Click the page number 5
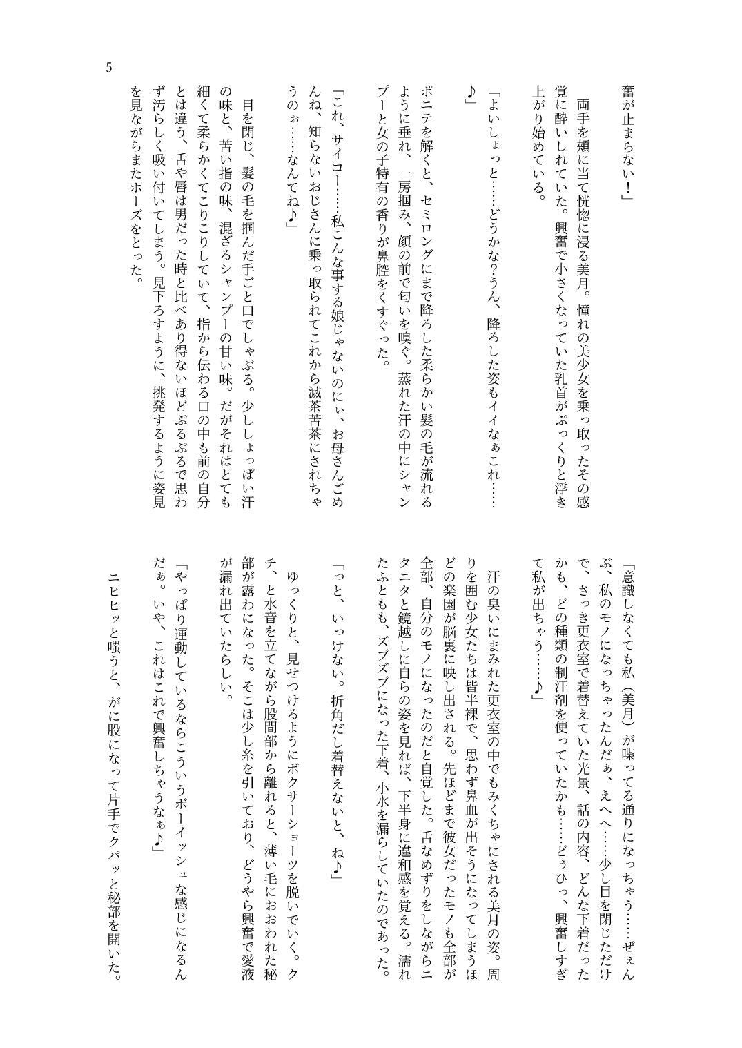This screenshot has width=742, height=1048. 108,68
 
